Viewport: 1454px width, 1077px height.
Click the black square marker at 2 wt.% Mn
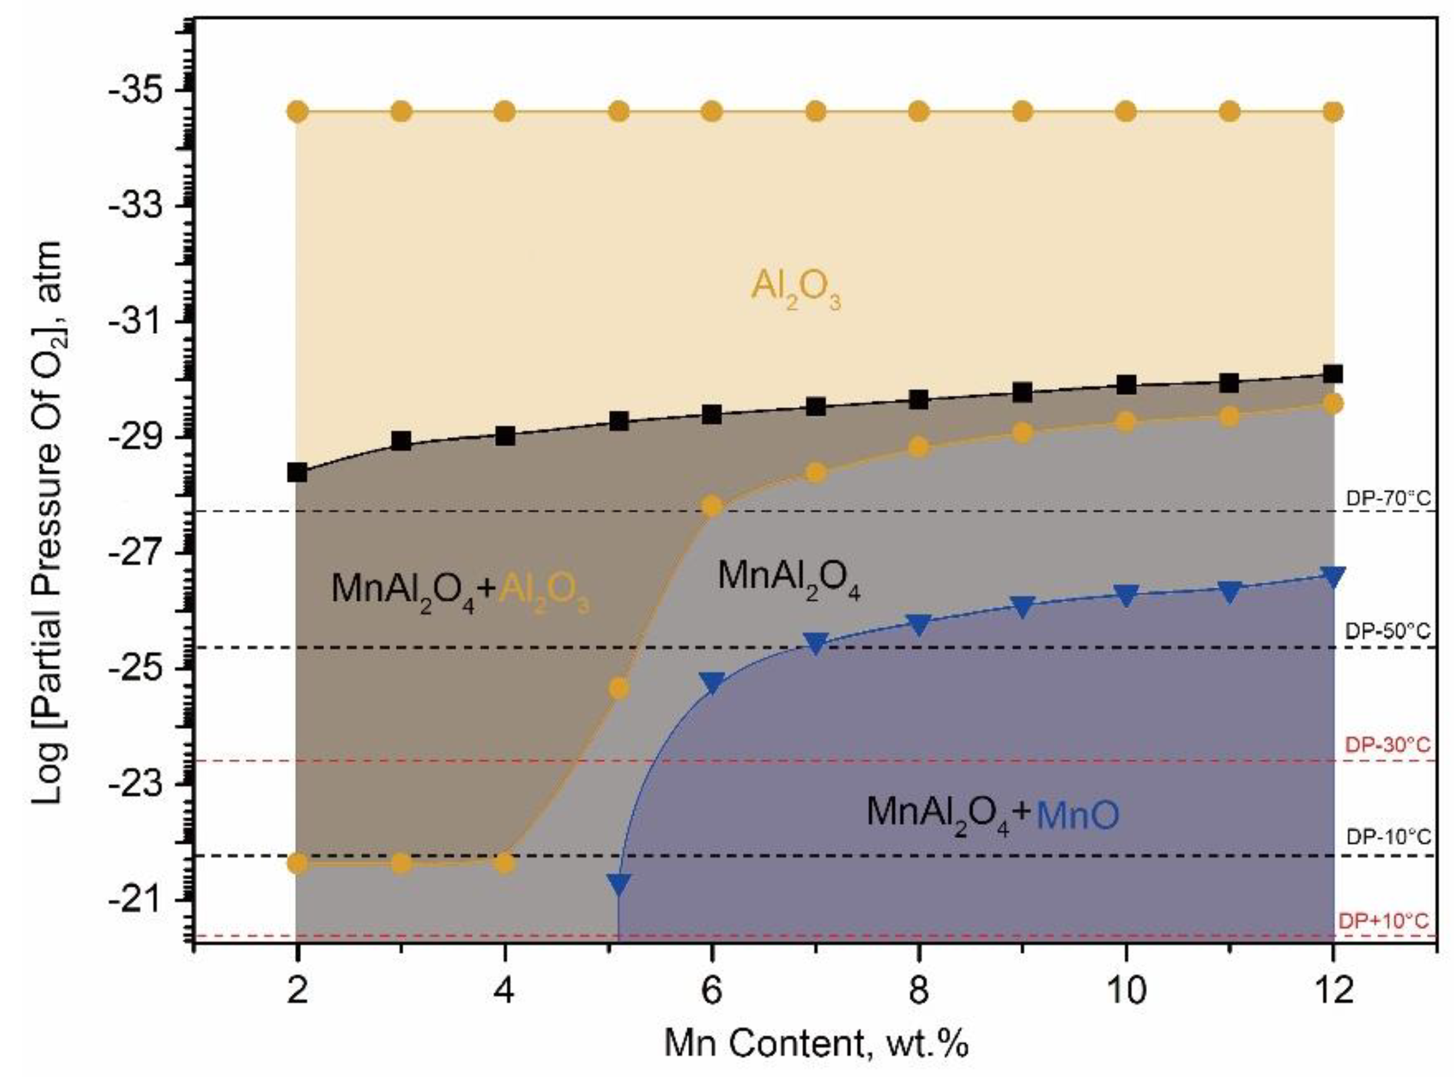pos(297,472)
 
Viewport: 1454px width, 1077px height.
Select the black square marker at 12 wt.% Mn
pos(1333,373)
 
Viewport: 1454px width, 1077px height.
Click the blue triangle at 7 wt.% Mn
pos(815,642)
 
